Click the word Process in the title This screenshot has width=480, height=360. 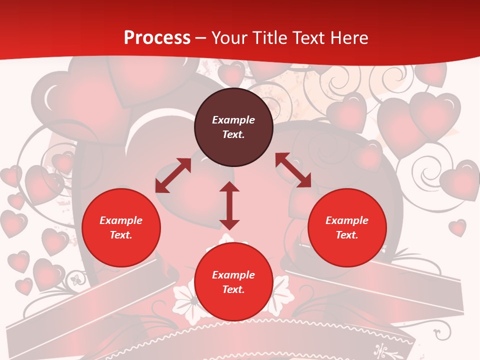157,38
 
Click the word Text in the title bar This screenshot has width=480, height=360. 308,38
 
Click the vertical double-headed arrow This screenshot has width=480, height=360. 229,205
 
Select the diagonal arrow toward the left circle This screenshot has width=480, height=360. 173,175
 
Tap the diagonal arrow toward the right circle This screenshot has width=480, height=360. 293,170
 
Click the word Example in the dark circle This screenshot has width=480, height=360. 233,120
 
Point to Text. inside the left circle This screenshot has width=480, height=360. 121,235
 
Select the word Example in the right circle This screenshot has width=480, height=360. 347,220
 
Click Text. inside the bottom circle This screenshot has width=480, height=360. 233,289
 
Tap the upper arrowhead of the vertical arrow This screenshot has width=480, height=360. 229,187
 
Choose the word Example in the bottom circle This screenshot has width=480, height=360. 233,275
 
